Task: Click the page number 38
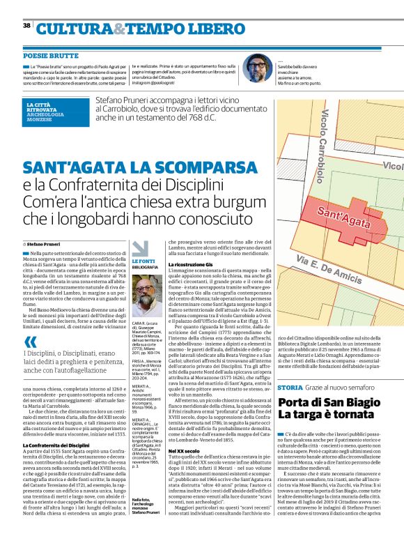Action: coord(26,25)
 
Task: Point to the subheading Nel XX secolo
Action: coord(182,432)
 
